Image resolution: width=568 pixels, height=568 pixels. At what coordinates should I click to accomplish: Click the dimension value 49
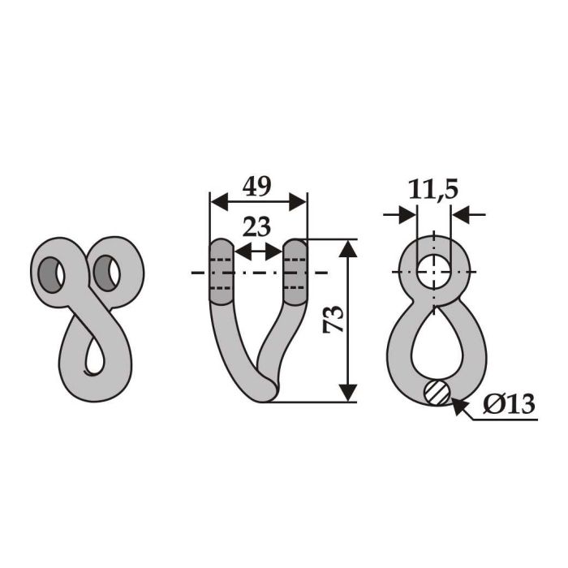258,187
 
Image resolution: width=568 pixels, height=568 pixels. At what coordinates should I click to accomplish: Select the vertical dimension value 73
333,321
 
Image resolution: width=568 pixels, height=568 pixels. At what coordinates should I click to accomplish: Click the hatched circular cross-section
435,392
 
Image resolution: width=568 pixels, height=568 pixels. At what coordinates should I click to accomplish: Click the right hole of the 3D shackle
105,273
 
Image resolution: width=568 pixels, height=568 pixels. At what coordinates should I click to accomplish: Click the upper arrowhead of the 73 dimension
347,247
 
